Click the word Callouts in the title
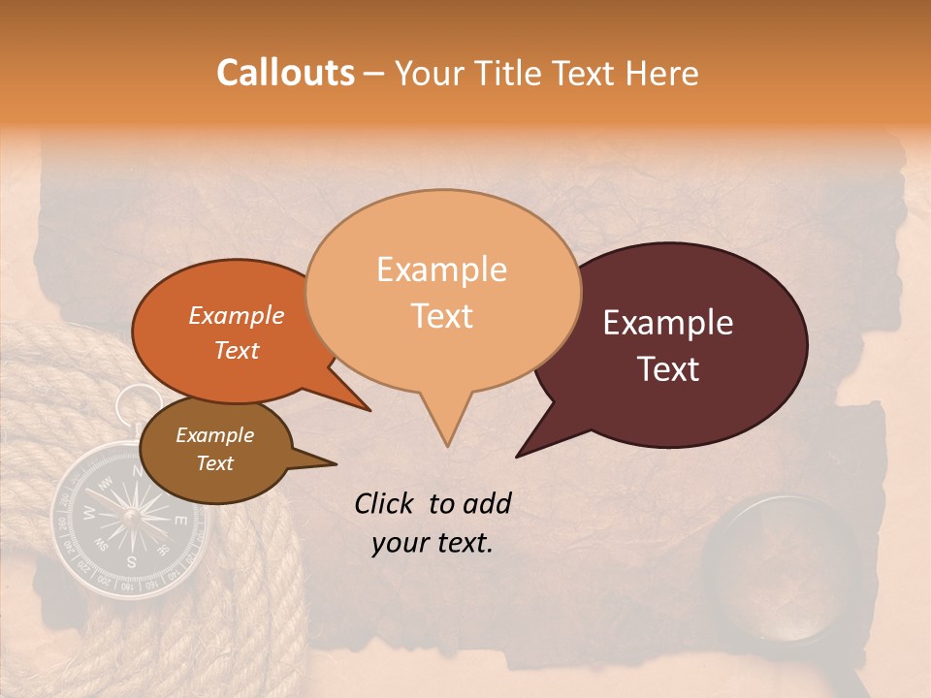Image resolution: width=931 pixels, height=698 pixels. [285, 73]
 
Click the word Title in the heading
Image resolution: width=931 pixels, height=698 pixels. [510, 74]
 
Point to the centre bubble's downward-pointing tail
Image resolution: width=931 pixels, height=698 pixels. [446, 427]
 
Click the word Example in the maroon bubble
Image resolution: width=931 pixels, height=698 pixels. [668, 323]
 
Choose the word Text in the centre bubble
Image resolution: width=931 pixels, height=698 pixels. [442, 316]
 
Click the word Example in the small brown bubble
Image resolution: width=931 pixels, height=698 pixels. [214, 435]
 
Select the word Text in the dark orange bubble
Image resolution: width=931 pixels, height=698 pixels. [237, 350]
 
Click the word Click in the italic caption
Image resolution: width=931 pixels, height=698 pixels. [385, 502]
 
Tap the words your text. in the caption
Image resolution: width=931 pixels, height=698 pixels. [433, 543]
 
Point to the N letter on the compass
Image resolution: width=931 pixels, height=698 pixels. [136, 471]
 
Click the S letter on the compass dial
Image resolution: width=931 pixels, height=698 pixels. [132, 560]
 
